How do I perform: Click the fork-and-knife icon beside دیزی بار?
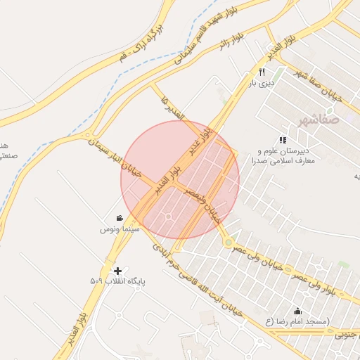point(262,72)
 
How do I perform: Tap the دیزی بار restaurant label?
point(261,84)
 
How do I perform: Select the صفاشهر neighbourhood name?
point(318,120)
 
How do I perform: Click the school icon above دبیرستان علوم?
point(283,140)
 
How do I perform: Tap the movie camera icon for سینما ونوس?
point(120,217)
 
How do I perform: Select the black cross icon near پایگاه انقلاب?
point(117,270)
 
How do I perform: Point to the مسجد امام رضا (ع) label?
point(297,322)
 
